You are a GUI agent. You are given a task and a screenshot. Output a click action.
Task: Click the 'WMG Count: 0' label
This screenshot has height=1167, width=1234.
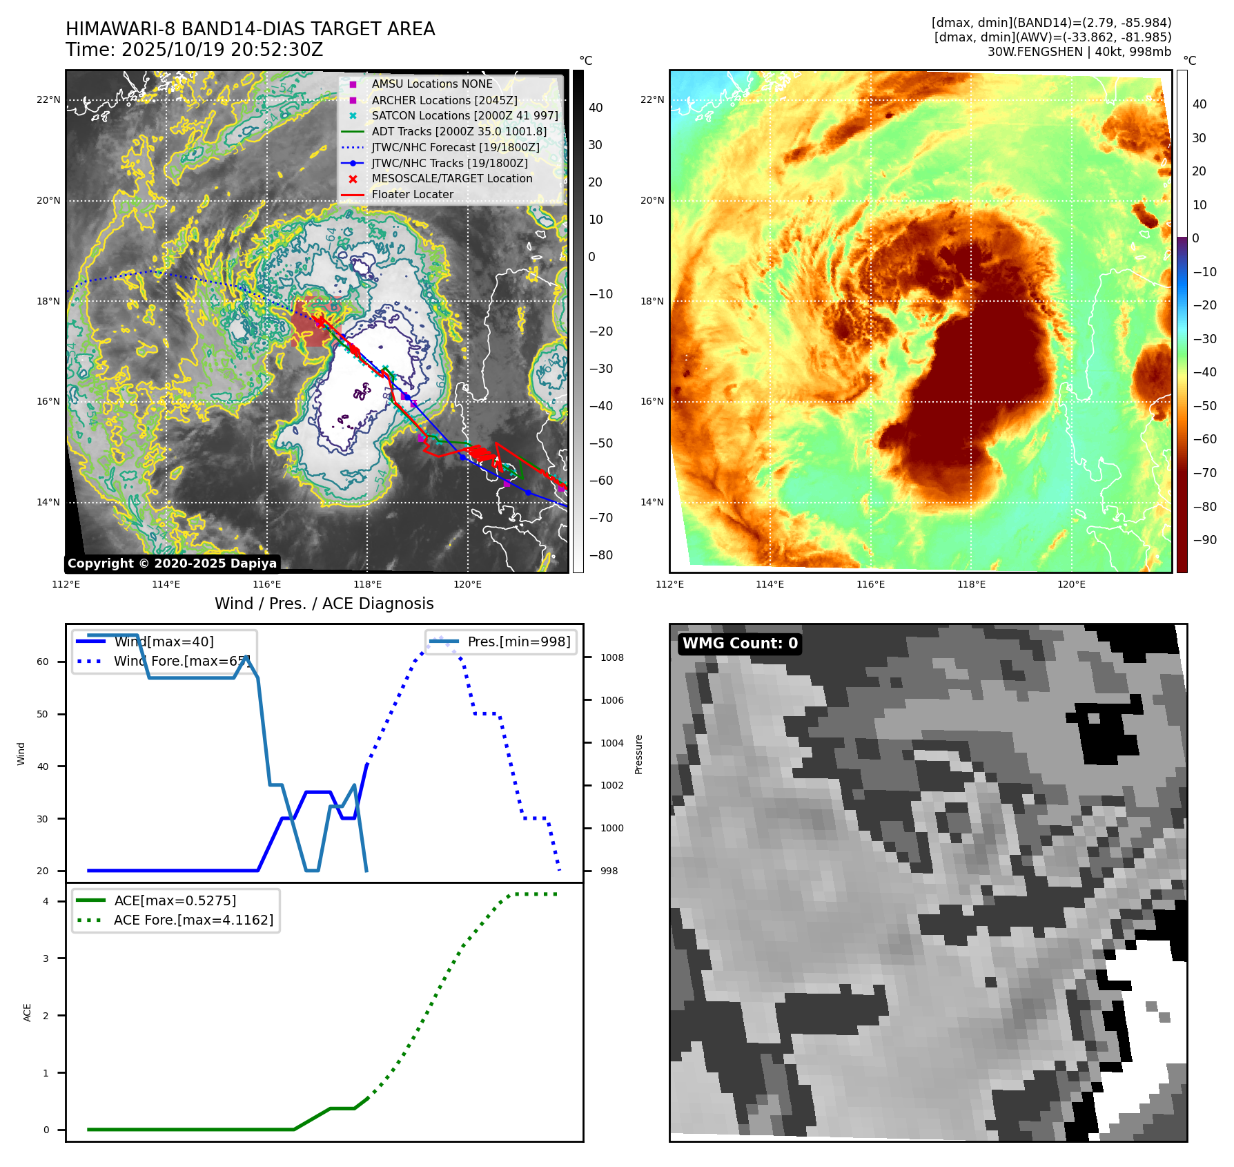click(740, 644)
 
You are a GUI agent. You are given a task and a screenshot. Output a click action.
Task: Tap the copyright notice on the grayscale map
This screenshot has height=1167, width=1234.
click(172, 563)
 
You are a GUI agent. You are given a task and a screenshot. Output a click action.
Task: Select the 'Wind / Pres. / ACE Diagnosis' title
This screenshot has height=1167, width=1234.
click(324, 604)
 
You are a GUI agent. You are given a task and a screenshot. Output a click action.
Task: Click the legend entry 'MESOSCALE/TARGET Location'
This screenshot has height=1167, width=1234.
click(451, 179)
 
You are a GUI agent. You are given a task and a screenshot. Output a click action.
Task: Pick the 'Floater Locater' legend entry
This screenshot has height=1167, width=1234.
click(412, 195)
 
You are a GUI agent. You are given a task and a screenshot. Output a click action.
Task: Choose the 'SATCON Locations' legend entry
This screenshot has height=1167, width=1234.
click(464, 116)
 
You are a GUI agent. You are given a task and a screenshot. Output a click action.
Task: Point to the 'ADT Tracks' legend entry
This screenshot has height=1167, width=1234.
click(458, 131)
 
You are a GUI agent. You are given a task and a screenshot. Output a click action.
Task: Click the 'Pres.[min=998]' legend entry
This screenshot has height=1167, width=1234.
click(518, 642)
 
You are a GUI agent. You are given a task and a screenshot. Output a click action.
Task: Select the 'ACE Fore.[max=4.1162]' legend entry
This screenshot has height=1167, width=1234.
click(193, 920)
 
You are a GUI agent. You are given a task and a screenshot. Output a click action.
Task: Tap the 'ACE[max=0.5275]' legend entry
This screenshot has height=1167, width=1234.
click(175, 900)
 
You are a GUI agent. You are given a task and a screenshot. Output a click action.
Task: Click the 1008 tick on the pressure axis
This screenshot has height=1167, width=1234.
click(611, 657)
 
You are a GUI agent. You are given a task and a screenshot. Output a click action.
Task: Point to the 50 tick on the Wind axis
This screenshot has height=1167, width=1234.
click(43, 714)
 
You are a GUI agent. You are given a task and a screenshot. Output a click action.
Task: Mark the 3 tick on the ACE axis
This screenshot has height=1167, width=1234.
click(46, 958)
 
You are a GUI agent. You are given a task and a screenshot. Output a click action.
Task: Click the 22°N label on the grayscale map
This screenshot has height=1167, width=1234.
click(48, 100)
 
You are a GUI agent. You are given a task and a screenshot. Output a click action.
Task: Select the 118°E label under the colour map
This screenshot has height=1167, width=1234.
click(971, 584)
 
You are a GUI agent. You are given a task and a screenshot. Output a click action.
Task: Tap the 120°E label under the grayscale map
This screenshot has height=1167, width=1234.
click(467, 584)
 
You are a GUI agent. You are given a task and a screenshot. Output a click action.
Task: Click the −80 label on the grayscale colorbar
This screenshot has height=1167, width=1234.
click(600, 555)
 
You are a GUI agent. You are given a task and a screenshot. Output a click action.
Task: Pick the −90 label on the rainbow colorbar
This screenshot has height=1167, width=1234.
click(1204, 540)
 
